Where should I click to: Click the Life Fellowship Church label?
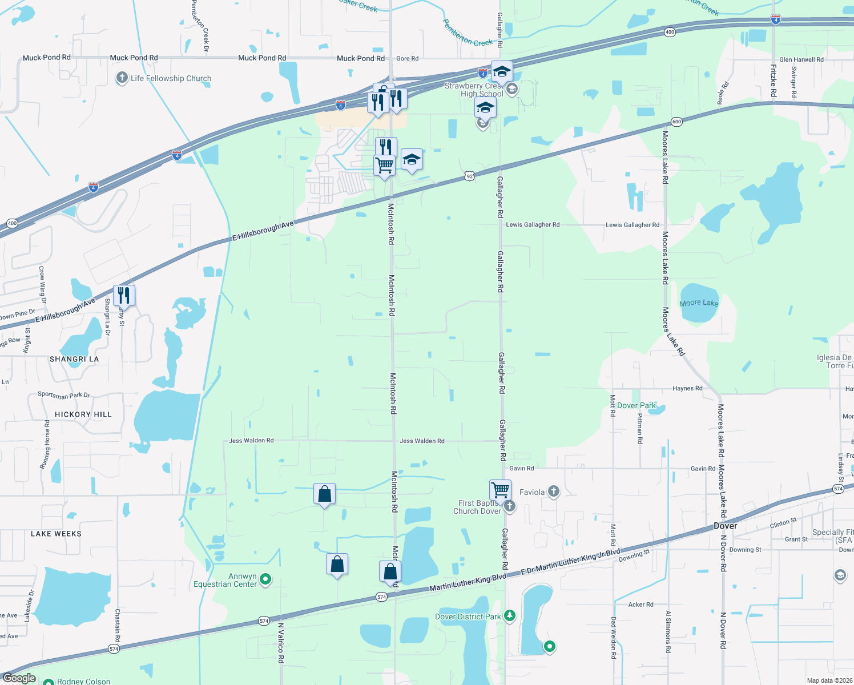point(171,79)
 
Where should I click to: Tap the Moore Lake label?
point(699,303)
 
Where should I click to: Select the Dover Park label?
point(637,406)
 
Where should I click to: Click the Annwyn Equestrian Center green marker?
point(265,579)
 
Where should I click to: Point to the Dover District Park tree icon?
point(510,616)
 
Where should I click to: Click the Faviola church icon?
point(553,491)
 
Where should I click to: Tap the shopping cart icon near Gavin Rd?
point(500,489)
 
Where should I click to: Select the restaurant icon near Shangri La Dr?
point(124,295)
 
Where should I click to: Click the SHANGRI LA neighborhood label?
point(74,359)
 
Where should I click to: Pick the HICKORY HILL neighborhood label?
point(83,414)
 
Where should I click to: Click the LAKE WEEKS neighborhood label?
point(56,534)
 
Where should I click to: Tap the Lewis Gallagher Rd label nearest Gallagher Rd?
point(533,225)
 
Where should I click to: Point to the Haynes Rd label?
point(687,389)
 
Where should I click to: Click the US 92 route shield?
point(469,176)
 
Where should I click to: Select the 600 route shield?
point(676,122)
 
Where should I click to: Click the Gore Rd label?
point(407,58)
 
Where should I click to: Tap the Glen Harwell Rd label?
point(801,59)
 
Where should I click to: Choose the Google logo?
point(19,678)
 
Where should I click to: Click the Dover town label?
point(725,526)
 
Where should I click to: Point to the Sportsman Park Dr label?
point(63,395)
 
